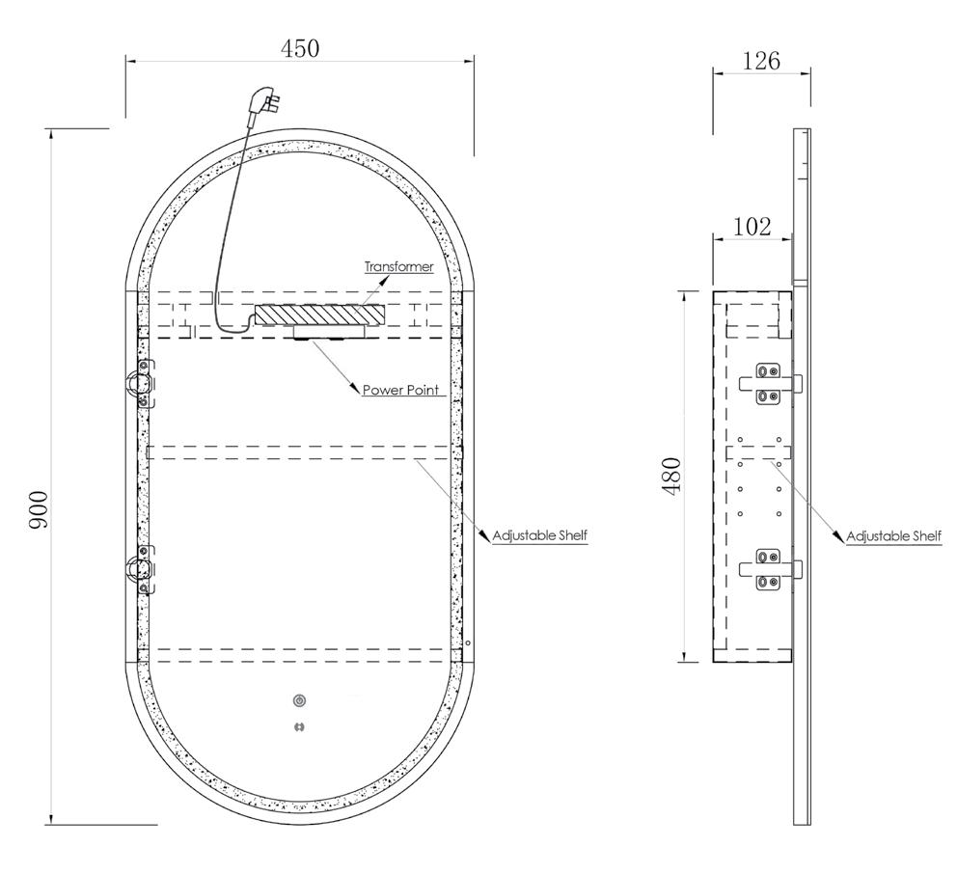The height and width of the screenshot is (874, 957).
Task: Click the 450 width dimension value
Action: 300,48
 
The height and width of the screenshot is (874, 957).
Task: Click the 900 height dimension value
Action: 39,509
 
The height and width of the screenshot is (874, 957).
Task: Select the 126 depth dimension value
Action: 761,61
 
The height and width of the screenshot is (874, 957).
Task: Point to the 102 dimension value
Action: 752,227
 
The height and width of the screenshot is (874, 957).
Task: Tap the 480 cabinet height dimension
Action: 671,476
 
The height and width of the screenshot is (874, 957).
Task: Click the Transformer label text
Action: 399,266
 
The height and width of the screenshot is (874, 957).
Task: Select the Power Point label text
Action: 401,390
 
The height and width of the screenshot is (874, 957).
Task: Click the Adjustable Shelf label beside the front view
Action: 539,535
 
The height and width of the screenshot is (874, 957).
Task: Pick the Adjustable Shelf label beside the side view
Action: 893,536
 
